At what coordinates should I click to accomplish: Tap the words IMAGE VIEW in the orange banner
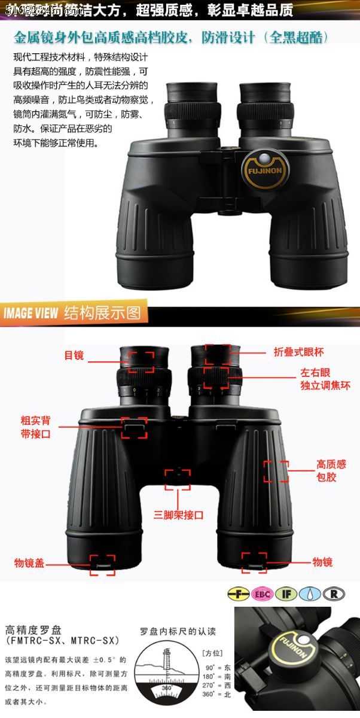tap(30, 313)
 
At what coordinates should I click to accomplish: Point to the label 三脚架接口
tap(179, 515)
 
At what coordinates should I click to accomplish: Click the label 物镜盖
tap(29, 563)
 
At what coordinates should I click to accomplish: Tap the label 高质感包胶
tap(331, 471)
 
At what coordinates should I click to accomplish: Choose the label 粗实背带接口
tap(36, 427)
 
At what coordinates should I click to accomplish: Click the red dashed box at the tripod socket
tap(178, 479)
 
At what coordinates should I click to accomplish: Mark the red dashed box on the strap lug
tap(135, 428)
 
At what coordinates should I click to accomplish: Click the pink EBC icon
tap(261, 594)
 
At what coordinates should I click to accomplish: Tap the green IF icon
tap(286, 594)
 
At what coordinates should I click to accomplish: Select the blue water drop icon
tap(310, 594)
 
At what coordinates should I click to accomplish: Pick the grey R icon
tap(334, 594)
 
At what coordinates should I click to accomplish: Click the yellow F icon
tap(238, 594)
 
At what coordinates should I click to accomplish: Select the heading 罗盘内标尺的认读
tap(178, 631)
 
